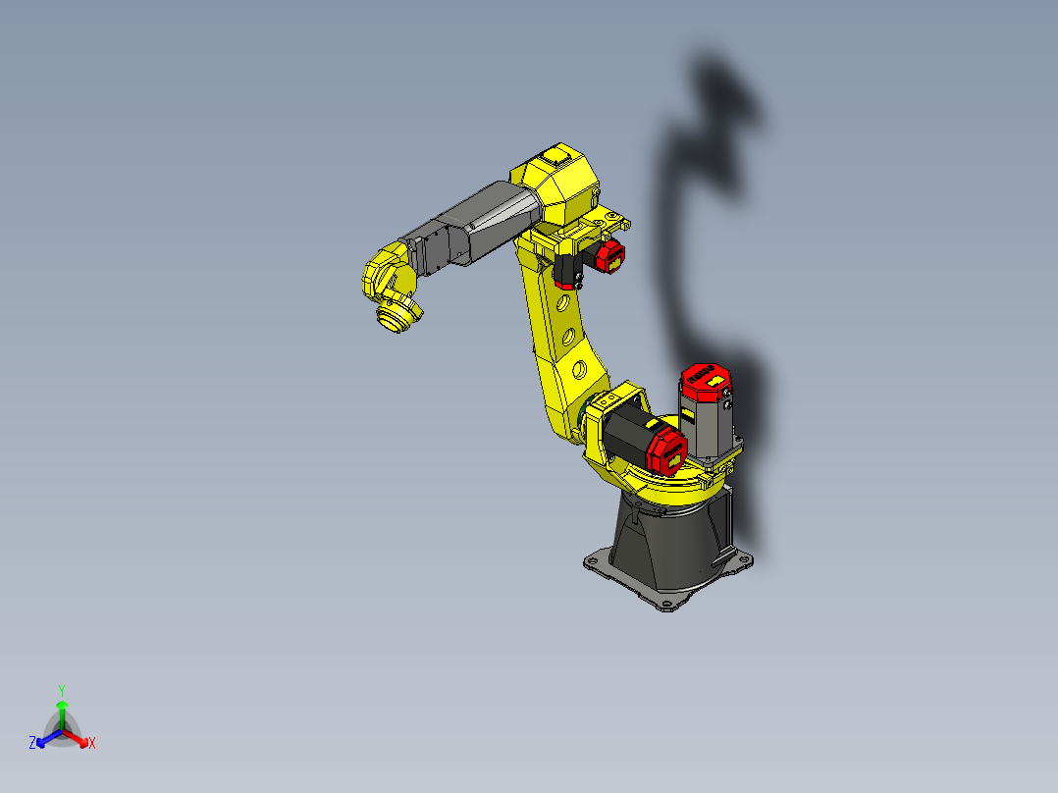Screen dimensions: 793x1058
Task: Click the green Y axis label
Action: pos(61,689)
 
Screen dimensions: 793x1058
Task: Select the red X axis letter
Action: pos(92,744)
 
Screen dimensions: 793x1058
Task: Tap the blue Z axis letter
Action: pos(32,744)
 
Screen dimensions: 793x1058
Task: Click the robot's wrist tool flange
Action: pos(397,319)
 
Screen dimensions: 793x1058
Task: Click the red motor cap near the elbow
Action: pos(610,257)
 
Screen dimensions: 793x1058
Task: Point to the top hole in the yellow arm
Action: pos(562,302)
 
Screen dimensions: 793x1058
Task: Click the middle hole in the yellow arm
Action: pos(569,336)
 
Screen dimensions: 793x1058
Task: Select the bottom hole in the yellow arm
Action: pos(579,370)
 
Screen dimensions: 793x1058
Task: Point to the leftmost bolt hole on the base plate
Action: pos(591,562)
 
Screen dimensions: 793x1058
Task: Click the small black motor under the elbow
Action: pos(566,269)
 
